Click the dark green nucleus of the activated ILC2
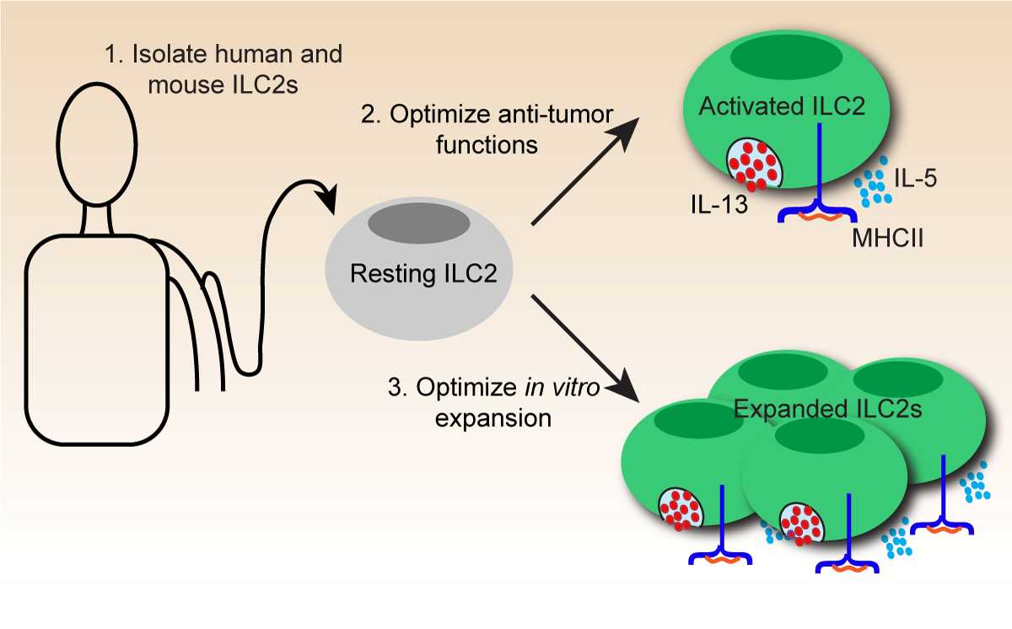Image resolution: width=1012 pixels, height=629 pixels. click(785, 59)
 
